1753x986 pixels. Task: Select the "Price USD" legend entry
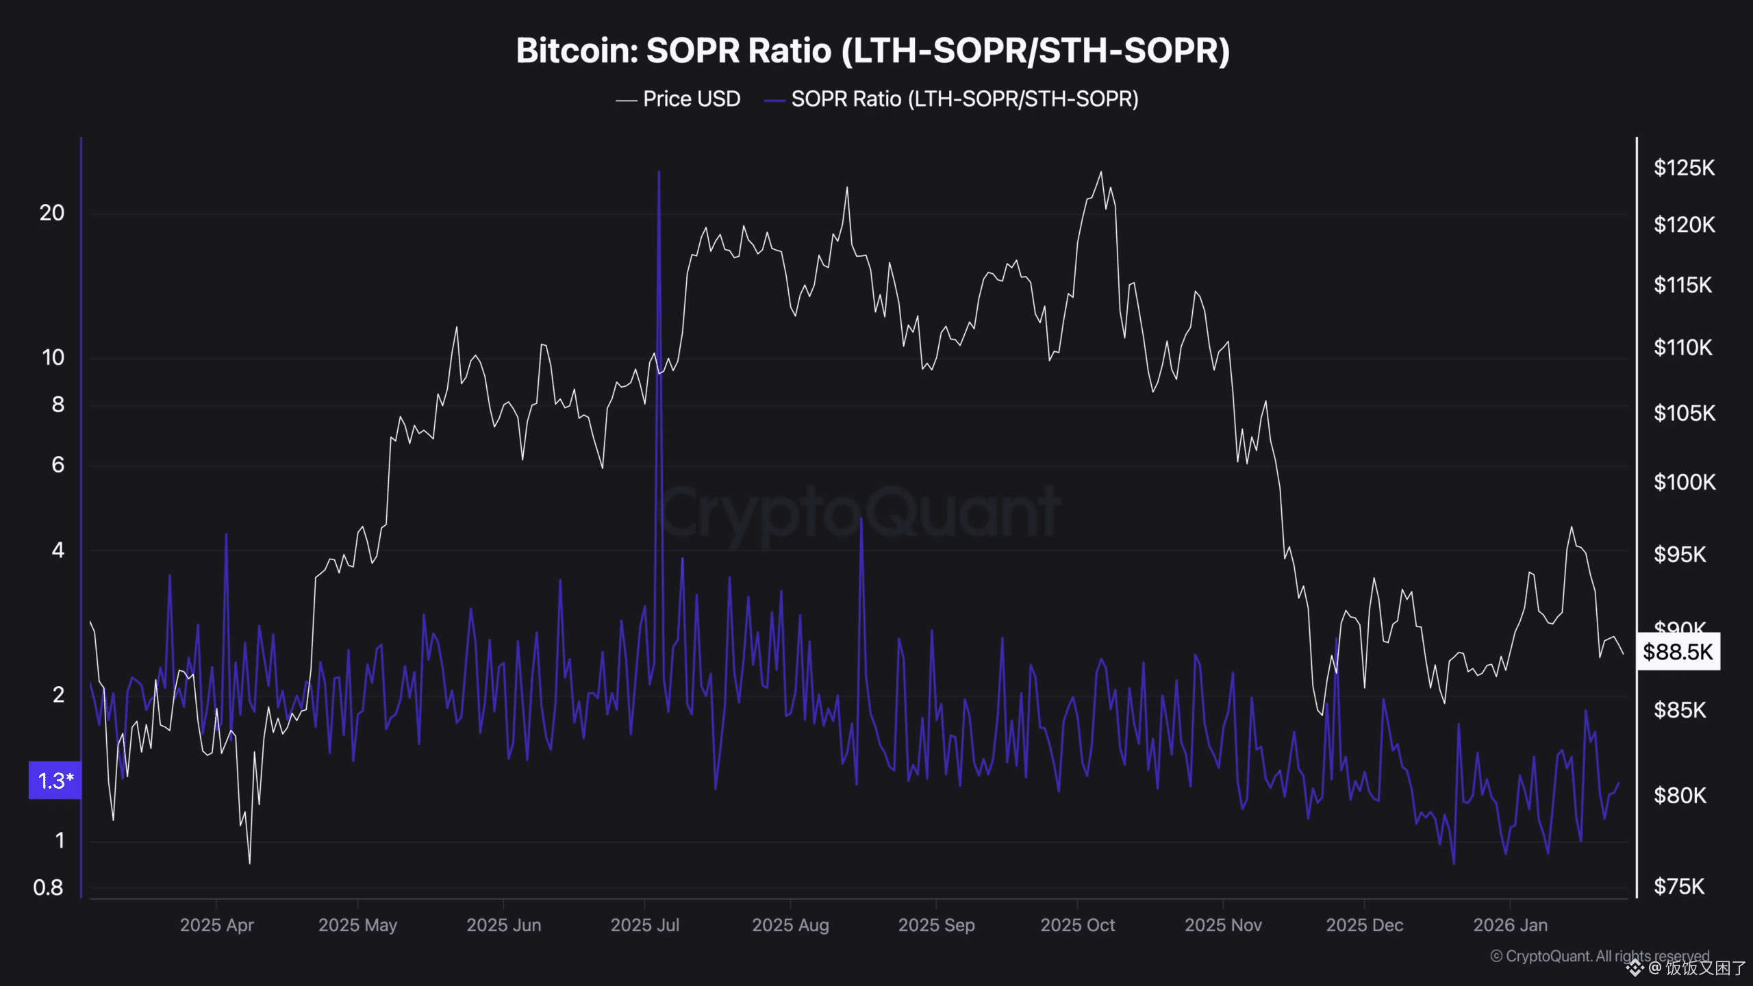pyautogui.click(x=691, y=99)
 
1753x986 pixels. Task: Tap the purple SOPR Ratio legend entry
pyautogui.click(x=964, y=99)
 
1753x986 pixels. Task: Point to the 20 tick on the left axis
pyautogui.click(x=52, y=213)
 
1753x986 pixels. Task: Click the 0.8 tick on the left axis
pyautogui.click(x=48, y=887)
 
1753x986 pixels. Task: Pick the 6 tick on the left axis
pyautogui.click(x=58, y=465)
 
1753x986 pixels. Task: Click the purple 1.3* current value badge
pyautogui.click(x=55, y=780)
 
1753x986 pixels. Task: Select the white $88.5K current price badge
pyautogui.click(x=1677, y=651)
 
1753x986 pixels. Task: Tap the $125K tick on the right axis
pyautogui.click(x=1684, y=168)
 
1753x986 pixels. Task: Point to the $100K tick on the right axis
pyautogui.click(x=1684, y=482)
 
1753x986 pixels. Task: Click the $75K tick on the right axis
pyautogui.click(x=1678, y=887)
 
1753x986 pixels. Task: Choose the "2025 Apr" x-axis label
pyautogui.click(x=216, y=925)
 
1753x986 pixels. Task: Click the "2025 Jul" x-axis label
pyautogui.click(x=644, y=925)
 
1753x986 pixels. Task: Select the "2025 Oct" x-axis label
pyautogui.click(x=1077, y=925)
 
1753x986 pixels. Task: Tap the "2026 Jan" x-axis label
pyautogui.click(x=1510, y=925)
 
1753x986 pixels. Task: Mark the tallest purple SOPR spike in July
pyautogui.click(x=659, y=173)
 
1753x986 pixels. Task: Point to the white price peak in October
pyautogui.click(x=1101, y=172)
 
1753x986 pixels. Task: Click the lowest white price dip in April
pyautogui.click(x=249, y=862)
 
